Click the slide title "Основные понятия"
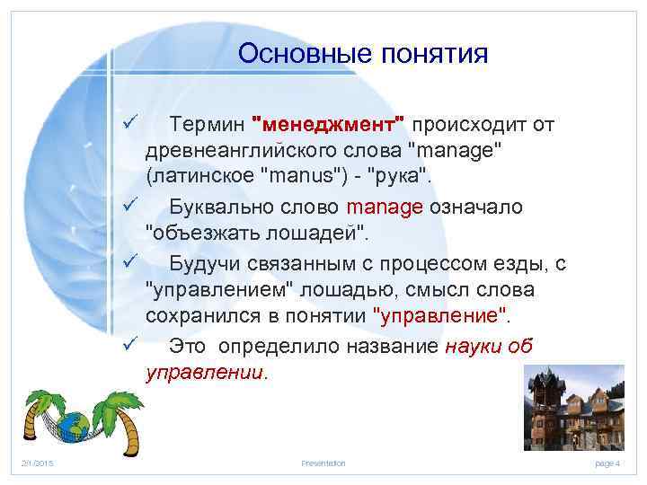click(x=363, y=55)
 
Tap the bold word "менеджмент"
click(x=330, y=123)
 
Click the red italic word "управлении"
click(x=206, y=373)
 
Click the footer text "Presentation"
click(x=323, y=463)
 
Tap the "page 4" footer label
click(x=608, y=463)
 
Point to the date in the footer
click(x=37, y=463)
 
